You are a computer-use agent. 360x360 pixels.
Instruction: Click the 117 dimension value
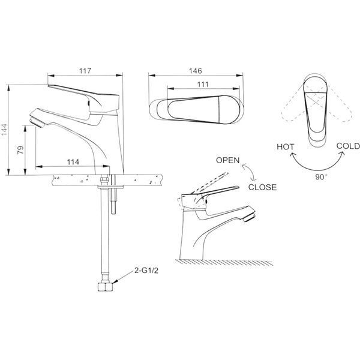coord(85,71)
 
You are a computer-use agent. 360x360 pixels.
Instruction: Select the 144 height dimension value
coord(4,133)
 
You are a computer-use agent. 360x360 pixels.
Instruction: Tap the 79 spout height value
coord(20,149)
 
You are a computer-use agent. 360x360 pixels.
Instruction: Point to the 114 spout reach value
coord(73,162)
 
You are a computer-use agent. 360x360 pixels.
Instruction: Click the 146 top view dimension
coord(196,71)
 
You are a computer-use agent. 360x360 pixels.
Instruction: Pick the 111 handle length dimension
coord(203,85)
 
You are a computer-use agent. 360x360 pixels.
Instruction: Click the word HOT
coord(286,147)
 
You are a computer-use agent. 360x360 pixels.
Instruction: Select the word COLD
coord(348,146)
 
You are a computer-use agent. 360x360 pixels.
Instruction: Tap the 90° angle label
coord(321,177)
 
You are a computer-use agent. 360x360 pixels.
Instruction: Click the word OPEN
coord(228,160)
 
